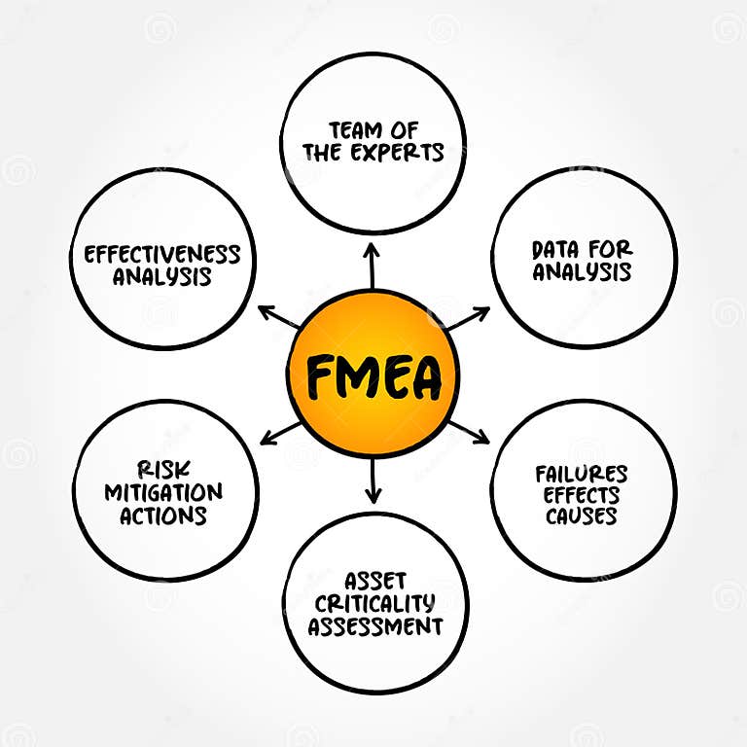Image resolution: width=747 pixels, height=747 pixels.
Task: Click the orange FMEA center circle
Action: (373, 374)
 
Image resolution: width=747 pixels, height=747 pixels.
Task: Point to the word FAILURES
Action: (582, 474)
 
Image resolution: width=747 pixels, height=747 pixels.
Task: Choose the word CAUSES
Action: (582, 516)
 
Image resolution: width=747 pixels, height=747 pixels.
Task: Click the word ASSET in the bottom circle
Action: (374, 582)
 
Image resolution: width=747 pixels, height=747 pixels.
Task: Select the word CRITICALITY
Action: (374, 604)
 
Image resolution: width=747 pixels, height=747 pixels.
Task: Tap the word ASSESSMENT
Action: (375, 626)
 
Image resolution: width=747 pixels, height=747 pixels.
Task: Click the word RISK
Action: (162, 471)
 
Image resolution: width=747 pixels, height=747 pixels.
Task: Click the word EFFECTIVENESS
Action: (161, 255)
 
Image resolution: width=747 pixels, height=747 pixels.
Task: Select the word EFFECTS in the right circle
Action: (582, 495)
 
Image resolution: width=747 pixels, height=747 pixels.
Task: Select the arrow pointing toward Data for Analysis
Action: (470, 318)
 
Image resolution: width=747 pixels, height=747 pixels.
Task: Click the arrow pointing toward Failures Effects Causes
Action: (470, 432)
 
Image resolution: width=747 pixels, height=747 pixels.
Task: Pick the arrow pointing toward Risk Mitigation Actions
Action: (280, 433)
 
